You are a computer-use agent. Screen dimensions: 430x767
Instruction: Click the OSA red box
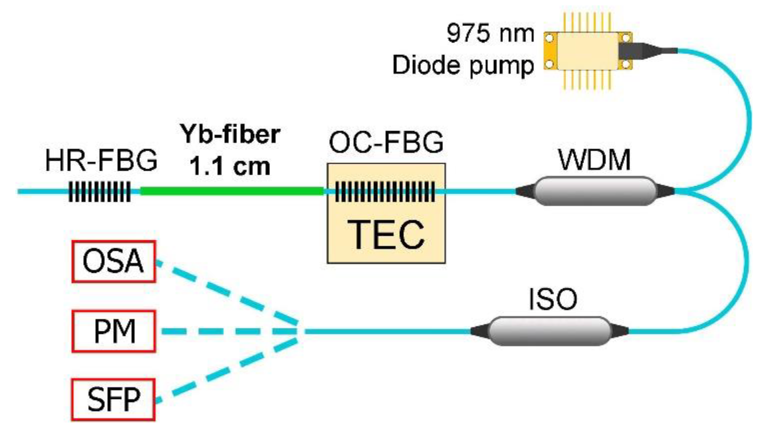(x=114, y=261)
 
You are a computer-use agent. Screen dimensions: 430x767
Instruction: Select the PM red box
(x=114, y=331)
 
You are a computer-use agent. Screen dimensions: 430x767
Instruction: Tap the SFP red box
(x=113, y=400)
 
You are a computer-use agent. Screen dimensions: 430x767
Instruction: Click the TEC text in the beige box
(x=386, y=235)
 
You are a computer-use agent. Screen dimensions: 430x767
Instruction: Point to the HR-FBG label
(x=101, y=161)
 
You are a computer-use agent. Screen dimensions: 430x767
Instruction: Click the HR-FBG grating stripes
(x=99, y=192)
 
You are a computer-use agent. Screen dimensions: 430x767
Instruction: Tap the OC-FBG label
(x=386, y=142)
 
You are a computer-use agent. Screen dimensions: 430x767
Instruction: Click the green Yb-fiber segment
(x=232, y=191)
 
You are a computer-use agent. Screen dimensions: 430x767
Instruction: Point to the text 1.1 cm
(x=229, y=166)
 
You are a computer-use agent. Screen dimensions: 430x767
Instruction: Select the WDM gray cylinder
(x=595, y=191)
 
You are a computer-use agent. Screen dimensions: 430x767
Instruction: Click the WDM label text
(x=594, y=160)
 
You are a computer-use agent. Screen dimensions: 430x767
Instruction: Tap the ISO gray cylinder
(x=549, y=331)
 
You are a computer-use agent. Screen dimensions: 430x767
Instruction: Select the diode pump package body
(x=588, y=51)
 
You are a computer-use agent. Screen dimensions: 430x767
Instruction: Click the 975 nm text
(x=490, y=33)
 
